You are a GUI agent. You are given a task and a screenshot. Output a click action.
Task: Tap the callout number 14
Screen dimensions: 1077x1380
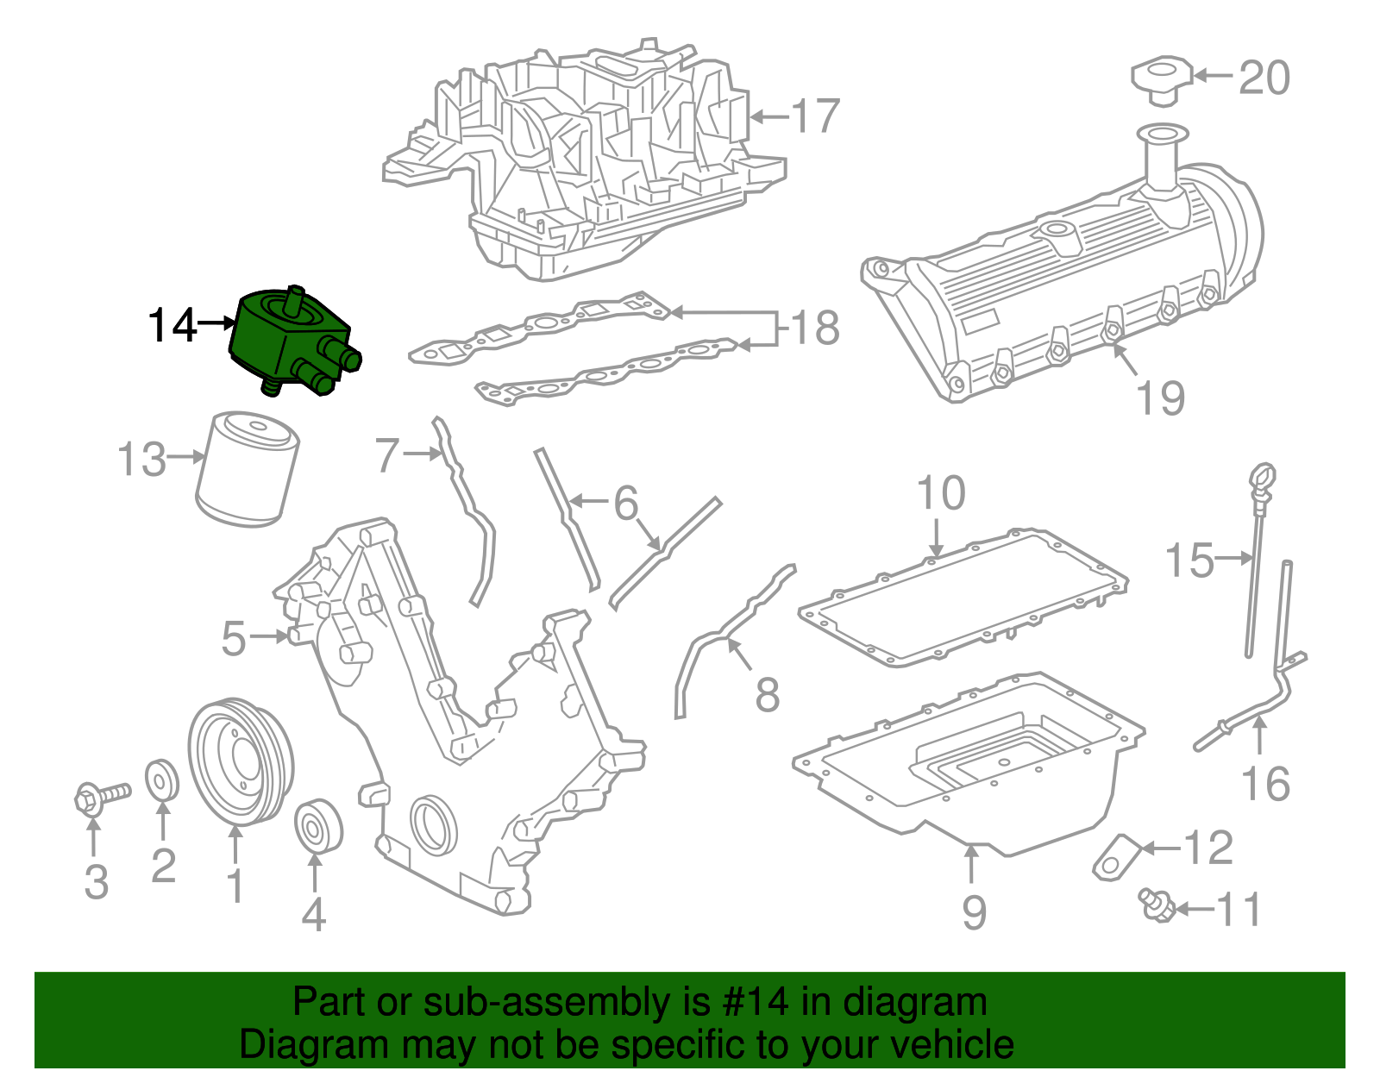172,326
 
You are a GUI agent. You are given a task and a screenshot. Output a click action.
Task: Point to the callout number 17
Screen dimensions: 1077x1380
814,116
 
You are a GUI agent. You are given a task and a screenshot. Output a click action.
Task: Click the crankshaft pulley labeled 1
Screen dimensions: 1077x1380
241,761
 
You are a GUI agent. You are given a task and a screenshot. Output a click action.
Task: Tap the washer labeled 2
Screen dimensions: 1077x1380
161,780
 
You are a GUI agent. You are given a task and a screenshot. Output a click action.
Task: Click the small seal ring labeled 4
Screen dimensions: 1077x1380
318,826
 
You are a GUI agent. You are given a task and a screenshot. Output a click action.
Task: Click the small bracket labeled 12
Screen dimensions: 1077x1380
1117,856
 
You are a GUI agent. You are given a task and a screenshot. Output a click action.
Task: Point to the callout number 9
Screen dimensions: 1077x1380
973,911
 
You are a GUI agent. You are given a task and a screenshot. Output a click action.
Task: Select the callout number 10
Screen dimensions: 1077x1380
940,493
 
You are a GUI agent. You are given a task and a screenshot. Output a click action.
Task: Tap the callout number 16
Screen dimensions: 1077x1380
1264,784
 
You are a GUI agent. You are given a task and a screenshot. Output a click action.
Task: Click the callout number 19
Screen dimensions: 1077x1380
1160,398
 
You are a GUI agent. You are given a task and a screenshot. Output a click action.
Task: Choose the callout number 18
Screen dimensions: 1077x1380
814,328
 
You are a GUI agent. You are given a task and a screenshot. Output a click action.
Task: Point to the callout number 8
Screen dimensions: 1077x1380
767,694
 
